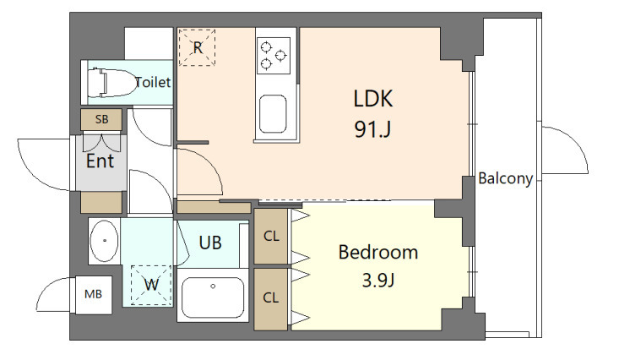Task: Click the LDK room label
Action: tap(373, 99)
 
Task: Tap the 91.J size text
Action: tap(372, 128)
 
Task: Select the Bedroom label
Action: tap(378, 253)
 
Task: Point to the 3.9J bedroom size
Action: tap(378, 281)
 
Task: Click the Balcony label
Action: tap(505, 178)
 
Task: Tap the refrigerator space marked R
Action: tap(197, 47)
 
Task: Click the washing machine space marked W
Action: tap(151, 285)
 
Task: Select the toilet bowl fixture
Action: tap(111, 83)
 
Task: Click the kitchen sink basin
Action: tap(273, 114)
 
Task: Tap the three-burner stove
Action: tap(274, 55)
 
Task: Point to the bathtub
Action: tap(213, 297)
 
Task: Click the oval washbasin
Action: tap(104, 241)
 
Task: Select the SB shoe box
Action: tap(101, 119)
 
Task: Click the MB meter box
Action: tap(93, 294)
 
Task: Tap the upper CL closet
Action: tap(271, 237)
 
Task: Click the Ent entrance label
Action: tap(100, 161)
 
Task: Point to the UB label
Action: tap(210, 243)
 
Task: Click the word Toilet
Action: tap(153, 82)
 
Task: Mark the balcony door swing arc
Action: tap(577, 143)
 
